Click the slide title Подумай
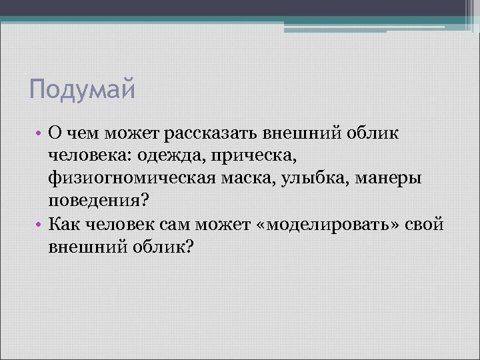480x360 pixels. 82,89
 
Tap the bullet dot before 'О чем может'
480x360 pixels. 39,133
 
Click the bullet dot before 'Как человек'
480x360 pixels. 39,224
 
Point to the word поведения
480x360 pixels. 100,201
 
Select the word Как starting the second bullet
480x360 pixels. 64,224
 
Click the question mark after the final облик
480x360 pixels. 189,247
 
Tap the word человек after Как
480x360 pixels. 122,224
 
